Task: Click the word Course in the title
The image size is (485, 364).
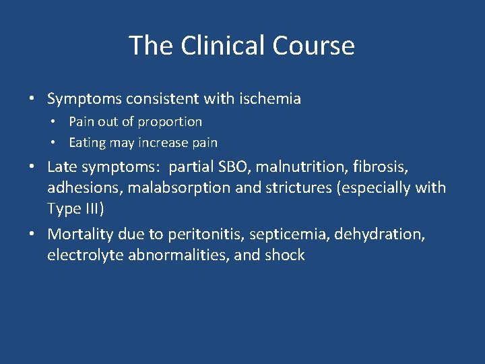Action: pos(314,46)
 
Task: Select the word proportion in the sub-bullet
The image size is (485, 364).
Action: pos(170,122)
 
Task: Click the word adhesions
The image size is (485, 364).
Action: pos(79,187)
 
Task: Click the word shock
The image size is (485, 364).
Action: pos(286,255)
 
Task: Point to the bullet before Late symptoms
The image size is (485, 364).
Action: pos(32,166)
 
